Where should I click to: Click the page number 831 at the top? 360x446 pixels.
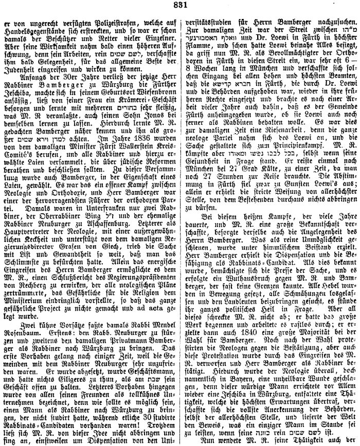[x=180, y=6]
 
